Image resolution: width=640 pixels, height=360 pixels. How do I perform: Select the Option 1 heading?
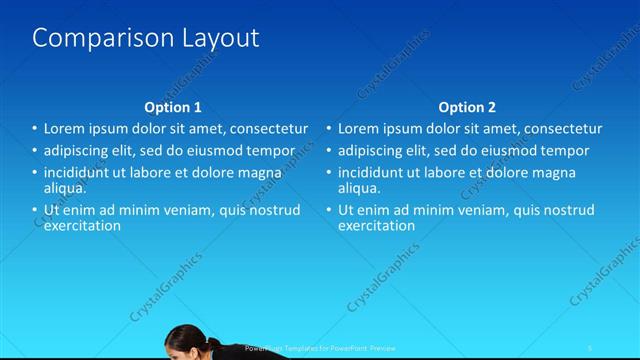(x=173, y=107)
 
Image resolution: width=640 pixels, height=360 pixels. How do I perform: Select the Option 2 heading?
(x=466, y=107)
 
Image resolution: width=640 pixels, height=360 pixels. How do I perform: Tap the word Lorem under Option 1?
(x=65, y=129)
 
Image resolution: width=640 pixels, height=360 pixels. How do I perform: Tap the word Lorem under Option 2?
(x=358, y=129)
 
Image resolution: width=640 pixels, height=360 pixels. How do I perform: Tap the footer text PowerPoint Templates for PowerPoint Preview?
(x=319, y=348)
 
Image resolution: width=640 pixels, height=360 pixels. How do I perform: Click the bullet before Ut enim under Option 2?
(x=330, y=210)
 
